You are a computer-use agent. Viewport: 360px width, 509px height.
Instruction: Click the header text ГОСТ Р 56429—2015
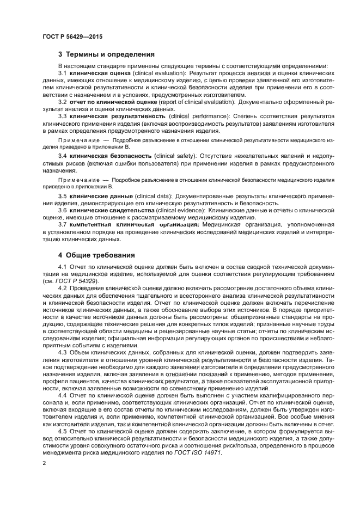72,36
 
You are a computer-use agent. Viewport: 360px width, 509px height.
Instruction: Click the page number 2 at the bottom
44,462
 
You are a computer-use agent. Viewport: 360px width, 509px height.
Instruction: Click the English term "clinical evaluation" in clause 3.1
158,73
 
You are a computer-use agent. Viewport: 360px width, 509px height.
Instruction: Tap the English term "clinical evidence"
179,210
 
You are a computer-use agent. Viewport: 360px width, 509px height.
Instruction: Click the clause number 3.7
63,224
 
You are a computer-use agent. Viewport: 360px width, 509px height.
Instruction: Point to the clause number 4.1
63,266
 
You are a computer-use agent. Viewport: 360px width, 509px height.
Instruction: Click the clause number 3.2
63,102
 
